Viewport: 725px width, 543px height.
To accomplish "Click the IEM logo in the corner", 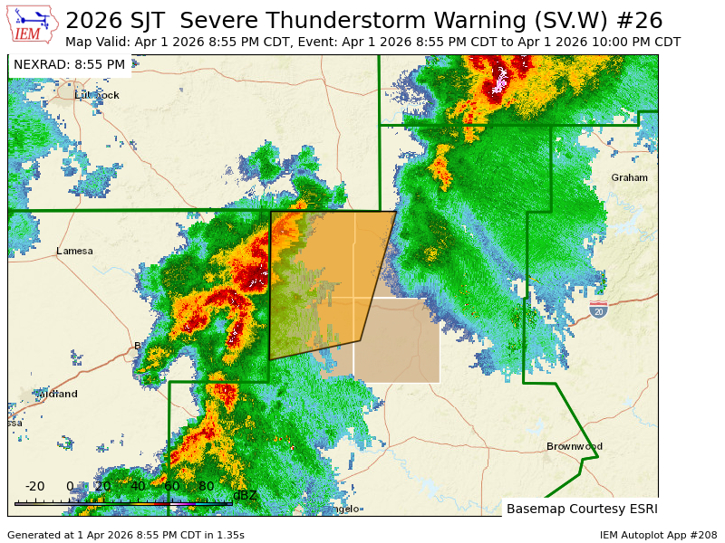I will point(32,24).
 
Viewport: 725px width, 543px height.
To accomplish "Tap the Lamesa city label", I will point(74,251).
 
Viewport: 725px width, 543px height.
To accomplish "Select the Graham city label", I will point(629,177).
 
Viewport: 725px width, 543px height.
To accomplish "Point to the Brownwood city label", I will point(574,446).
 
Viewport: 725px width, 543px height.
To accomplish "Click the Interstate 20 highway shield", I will point(598,310).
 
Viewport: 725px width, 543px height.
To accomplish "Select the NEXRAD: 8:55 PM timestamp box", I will point(69,64).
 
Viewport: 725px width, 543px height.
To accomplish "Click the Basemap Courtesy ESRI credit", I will point(581,509).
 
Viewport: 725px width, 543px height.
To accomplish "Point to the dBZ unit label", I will point(245,495).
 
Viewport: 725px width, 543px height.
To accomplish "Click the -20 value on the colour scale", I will point(34,486).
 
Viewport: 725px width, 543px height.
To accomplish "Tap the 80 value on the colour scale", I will point(206,486).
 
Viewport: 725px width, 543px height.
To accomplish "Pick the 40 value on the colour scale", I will point(138,486).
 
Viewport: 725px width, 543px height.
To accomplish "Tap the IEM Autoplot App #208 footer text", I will point(658,535).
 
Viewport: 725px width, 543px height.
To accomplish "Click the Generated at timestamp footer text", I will point(126,535).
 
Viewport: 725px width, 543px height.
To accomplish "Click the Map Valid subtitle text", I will point(372,42).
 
